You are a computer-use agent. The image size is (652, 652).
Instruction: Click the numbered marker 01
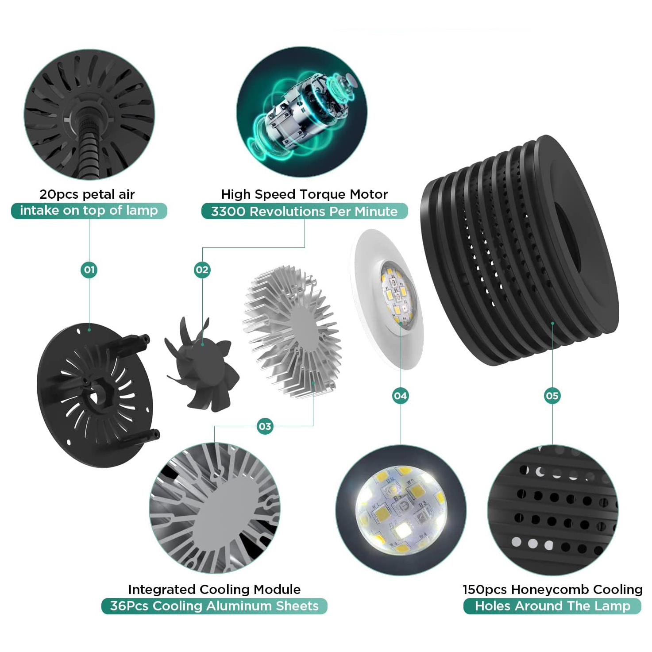pyautogui.click(x=89, y=270)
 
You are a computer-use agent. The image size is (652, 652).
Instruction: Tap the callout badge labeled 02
pyautogui.click(x=202, y=270)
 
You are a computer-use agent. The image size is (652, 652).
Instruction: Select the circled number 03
pyautogui.click(x=265, y=426)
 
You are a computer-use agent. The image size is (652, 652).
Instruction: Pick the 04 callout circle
pyautogui.click(x=400, y=396)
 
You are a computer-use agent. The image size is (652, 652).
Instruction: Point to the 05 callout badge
pyautogui.click(x=552, y=396)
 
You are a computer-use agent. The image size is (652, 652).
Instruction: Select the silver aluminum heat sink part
pyautogui.click(x=292, y=332)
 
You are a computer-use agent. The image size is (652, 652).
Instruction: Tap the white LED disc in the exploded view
pyautogui.click(x=387, y=299)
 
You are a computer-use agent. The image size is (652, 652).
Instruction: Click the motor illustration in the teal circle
pyautogui.click(x=301, y=112)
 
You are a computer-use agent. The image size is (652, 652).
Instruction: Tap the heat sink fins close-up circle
pyautogui.click(x=215, y=508)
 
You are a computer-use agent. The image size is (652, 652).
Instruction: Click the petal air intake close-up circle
pyautogui.click(x=89, y=114)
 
